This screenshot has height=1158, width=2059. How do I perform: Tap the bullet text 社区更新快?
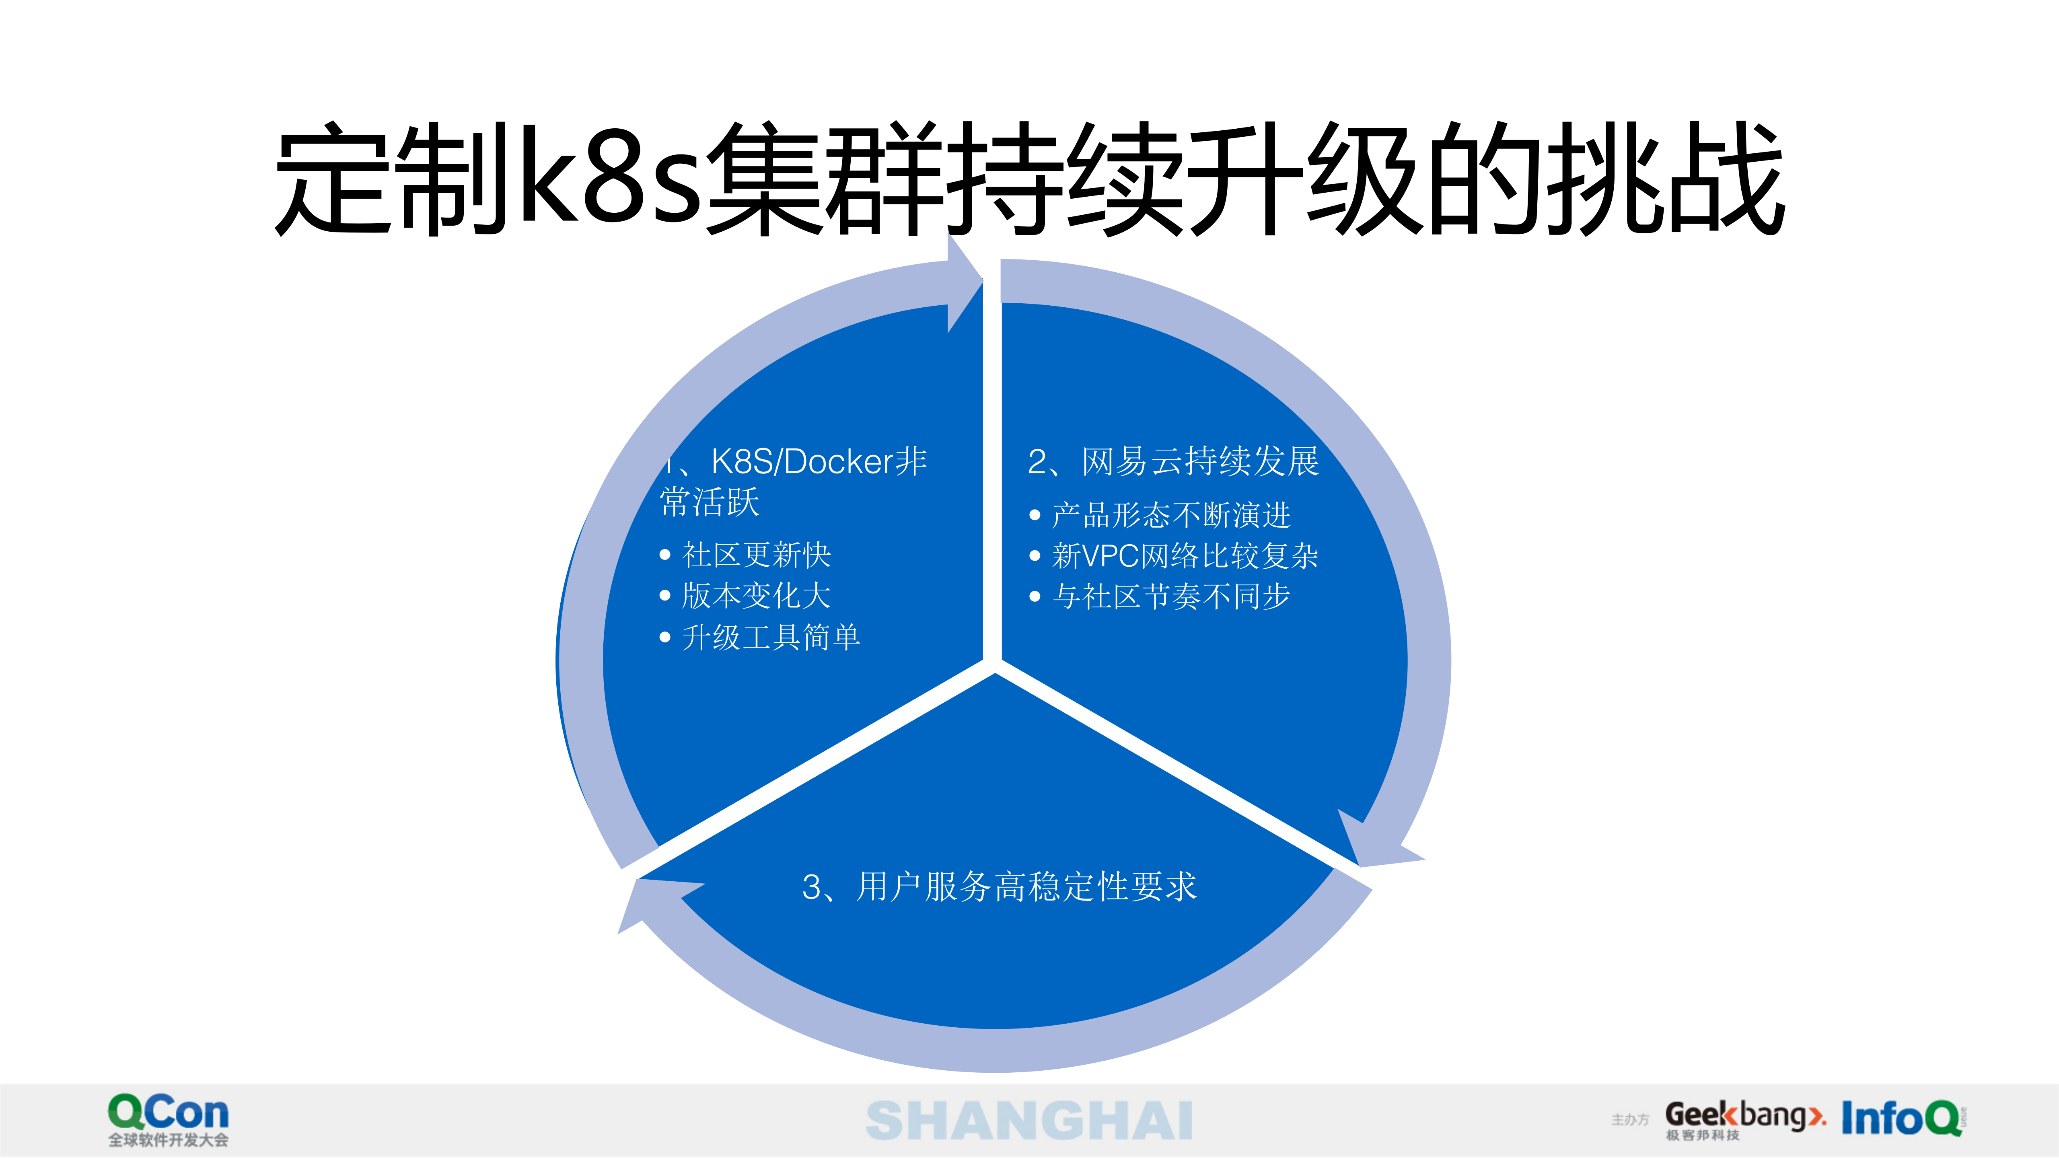[756, 555]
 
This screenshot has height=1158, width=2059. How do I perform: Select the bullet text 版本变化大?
[756, 595]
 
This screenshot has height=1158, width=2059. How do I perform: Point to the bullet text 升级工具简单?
[771, 637]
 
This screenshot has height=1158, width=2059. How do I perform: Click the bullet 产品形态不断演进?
[1171, 516]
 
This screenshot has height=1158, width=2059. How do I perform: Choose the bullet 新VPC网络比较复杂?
[1185, 556]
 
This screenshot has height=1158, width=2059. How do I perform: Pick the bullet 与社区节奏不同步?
[1171, 596]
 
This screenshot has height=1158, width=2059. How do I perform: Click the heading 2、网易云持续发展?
[1172, 462]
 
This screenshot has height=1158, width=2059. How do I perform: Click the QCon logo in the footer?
[168, 1113]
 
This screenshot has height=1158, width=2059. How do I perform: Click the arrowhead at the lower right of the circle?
[1379, 843]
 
